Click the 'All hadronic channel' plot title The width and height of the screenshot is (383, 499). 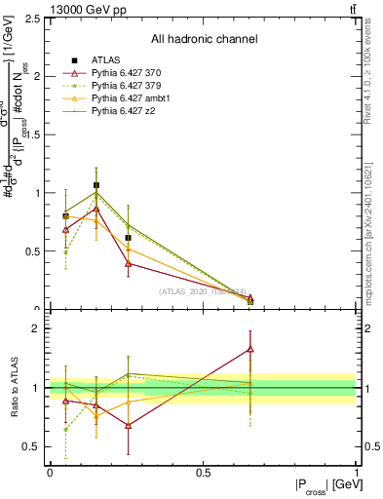click(x=203, y=39)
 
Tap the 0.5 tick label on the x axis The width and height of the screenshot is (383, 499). click(x=203, y=473)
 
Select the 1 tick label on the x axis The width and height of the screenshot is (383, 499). click(x=356, y=473)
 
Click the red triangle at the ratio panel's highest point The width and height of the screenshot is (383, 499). click(x=250, y=348)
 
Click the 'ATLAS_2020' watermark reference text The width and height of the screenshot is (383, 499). click(x=203, y=291)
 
